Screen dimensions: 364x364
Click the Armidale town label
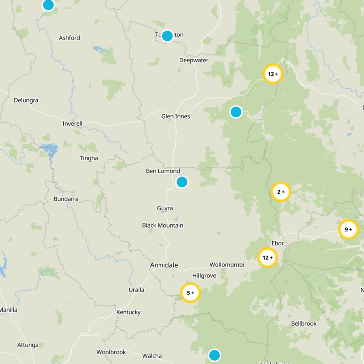pyautogui.click(x=164, y=265)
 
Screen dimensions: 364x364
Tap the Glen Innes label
pyautogui.click(x=176, y=116)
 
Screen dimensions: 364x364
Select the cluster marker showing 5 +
pyautogui.click(x=190, y=293)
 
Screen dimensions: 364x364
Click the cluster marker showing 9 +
pyautogui.click(x=349, y=229)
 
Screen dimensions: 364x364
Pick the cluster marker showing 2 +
pyautogui.click(x=281, y=192)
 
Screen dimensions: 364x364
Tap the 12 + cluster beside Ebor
pyautogui.click(x=267, y=258)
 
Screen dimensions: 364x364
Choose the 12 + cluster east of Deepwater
pyautogui.click(x=273, y=74)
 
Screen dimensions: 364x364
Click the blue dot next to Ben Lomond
pyautogui.click(x=182, y=182)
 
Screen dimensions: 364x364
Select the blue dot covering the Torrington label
pyautogui.click(x=167, y=36)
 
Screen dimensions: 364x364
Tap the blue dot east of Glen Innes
pyautogui.click(x=236, y=111)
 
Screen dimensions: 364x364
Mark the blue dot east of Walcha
pyautogui.click(x=214, y=355)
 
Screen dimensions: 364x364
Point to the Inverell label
pyautogui.click(x=73, y=124)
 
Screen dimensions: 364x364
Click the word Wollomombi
pyautogui.click(x=227, y=264)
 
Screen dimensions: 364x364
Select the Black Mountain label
pyautogui.click(x=162, y=225)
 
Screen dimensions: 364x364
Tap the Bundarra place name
pyautogui.click(x=66, y=199)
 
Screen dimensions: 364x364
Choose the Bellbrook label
pyautogui.click(x=303, y=324)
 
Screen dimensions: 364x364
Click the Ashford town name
pyautogui.click(x=70, y=38)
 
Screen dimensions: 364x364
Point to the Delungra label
pyautogui.click(x=26, y=100)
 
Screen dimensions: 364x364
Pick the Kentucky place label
pyautogui.click(x=128, y=312)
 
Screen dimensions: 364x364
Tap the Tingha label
pyautogui.click(x=89, y=158)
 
